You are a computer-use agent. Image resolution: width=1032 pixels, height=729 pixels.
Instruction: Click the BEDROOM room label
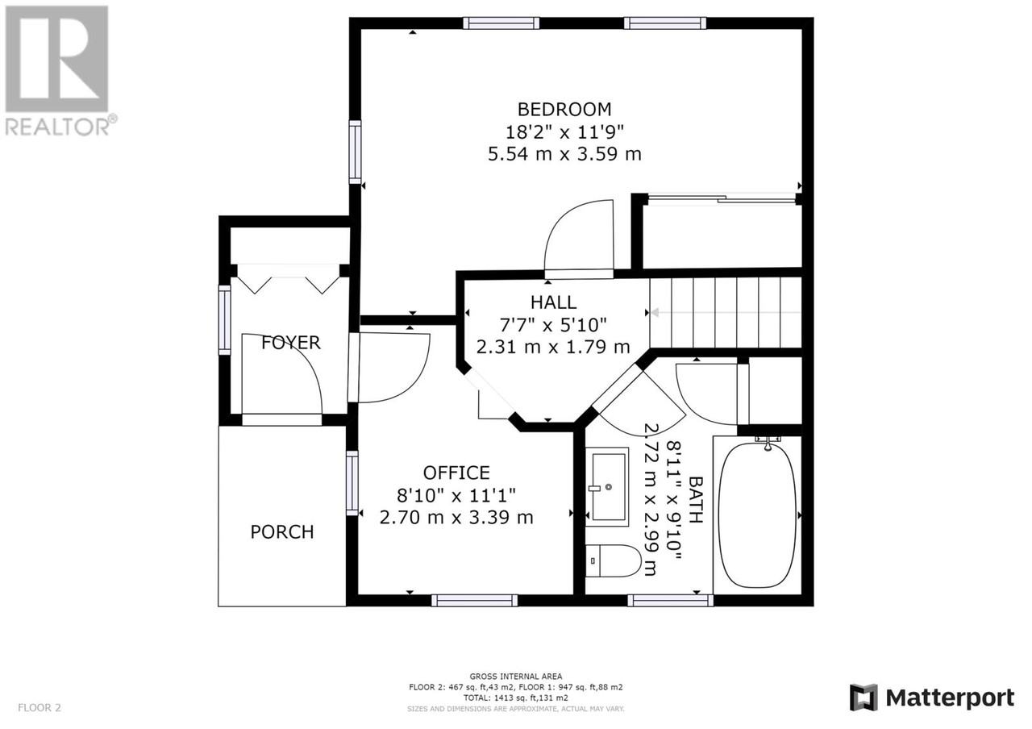(x=564, y=110)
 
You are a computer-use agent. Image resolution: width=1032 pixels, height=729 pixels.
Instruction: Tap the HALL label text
(x=553, y=302)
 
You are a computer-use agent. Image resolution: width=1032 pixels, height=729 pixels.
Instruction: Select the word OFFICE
(x=456, y=473)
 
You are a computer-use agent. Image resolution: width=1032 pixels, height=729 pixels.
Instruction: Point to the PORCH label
(x=282, y=531)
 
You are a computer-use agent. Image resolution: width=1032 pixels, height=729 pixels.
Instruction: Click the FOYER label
(x=291, y=343)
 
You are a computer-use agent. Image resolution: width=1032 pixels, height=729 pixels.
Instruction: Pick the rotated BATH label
(x=695, y=499)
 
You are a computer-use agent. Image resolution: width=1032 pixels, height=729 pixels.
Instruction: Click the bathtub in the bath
(x=757, y=514)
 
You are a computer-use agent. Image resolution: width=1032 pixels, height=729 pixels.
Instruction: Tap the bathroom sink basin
(x=607, y=486)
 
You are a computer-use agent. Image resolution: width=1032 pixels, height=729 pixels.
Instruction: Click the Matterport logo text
(x=950, y=698)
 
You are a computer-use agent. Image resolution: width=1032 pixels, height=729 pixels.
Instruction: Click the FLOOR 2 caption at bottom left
(x=40, y=707)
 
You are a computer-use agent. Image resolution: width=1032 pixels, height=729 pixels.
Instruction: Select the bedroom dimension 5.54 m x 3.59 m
(x=564, y=154)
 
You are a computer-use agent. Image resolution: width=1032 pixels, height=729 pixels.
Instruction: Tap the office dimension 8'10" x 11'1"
(x=456, y=496)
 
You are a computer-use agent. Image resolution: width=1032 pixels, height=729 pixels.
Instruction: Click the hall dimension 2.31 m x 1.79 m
(x=553, y=347)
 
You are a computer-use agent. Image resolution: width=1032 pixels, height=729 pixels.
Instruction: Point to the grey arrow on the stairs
(x=725, y=313)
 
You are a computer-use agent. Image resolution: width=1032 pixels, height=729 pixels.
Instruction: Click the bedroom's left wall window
(x=355, y=152)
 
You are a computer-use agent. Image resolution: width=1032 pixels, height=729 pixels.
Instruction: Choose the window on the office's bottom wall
(x=475, y=601)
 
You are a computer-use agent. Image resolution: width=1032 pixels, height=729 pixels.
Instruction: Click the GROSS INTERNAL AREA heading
(x=516, y=677)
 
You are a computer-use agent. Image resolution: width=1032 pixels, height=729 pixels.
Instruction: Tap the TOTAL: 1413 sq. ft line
(x=516, y=698)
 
